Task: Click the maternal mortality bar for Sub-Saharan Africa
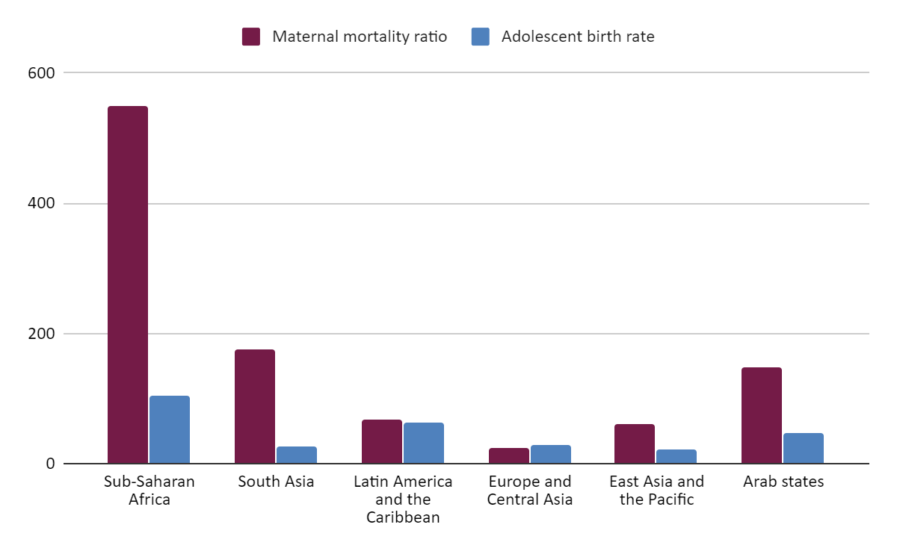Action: pos(128,284)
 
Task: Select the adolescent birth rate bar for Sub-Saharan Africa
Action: pos(170,429)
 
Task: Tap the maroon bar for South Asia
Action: pos(255,406)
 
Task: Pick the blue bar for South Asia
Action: pos(297,455)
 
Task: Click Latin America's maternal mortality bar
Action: pos(382,441)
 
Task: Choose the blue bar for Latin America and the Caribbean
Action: pos(424,443)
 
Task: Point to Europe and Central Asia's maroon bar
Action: pos(509,455)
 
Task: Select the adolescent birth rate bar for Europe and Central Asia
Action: pos(551,454)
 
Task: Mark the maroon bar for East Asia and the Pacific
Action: pos(635,443)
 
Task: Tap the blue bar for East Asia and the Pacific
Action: pos(676,456)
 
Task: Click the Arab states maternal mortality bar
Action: pos(762,415)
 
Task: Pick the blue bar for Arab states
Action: pos(804,448)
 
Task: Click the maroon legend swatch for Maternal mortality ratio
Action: pos(251,37)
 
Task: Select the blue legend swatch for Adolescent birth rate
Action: pos(481,37)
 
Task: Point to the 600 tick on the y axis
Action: pos(41,73)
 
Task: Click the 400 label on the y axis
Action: pos(41,203)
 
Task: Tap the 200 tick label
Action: pos(41,334)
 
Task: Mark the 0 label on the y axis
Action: pos(51,464)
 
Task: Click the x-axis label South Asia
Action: pos(276,481)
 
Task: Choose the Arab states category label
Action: pos(783,481)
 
